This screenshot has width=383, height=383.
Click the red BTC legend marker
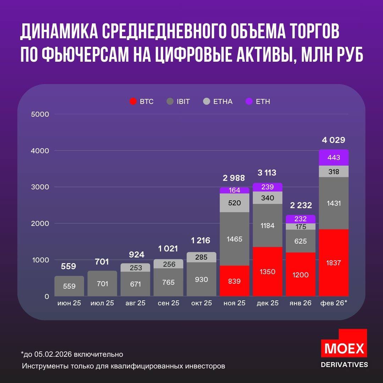pos(133,101)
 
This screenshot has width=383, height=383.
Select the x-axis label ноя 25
pos(234,304)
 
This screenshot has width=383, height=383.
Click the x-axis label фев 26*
pos(334,304)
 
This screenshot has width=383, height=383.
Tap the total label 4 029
pos(333,140)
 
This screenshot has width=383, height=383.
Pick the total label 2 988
pos(234,178)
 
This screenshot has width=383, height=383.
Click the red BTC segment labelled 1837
pos(334,262)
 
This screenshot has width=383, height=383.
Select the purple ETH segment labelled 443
pos(334,158)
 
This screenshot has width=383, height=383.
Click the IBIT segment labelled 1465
pos(234,239)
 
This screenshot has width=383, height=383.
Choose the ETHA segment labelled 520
pos(234,203)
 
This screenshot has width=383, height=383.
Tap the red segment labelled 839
pos(234,281)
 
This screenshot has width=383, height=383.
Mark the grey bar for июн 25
pos(69,286)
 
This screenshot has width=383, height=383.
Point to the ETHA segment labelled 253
pos(135,267)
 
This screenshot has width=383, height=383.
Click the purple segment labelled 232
pos(300,219)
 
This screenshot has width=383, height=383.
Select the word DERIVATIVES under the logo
pos(344,365)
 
